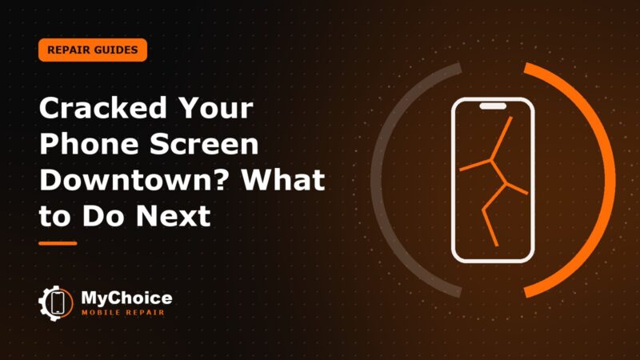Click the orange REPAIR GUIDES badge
(93, 50)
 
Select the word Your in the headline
(217, 108)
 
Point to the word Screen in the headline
(204, 144)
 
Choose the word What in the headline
(284, 179)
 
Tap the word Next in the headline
(174, 215)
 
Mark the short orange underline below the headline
(58, 243)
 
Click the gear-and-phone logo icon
(56, 303)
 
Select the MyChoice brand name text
(126, 298)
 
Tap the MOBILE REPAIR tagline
(123, 313)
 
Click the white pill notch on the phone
(493, 106)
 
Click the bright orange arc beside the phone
(612, 179)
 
